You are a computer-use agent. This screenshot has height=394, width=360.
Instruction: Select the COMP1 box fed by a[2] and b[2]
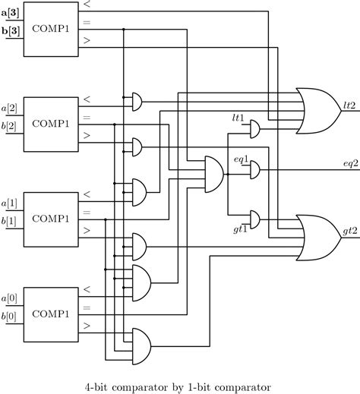tap(50, 122)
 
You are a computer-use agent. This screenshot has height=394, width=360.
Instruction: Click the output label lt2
tap(350, 106)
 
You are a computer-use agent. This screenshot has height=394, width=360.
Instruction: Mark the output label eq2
tap(350, 164)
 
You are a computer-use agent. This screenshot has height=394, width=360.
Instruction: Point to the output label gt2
tap(350, 229)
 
